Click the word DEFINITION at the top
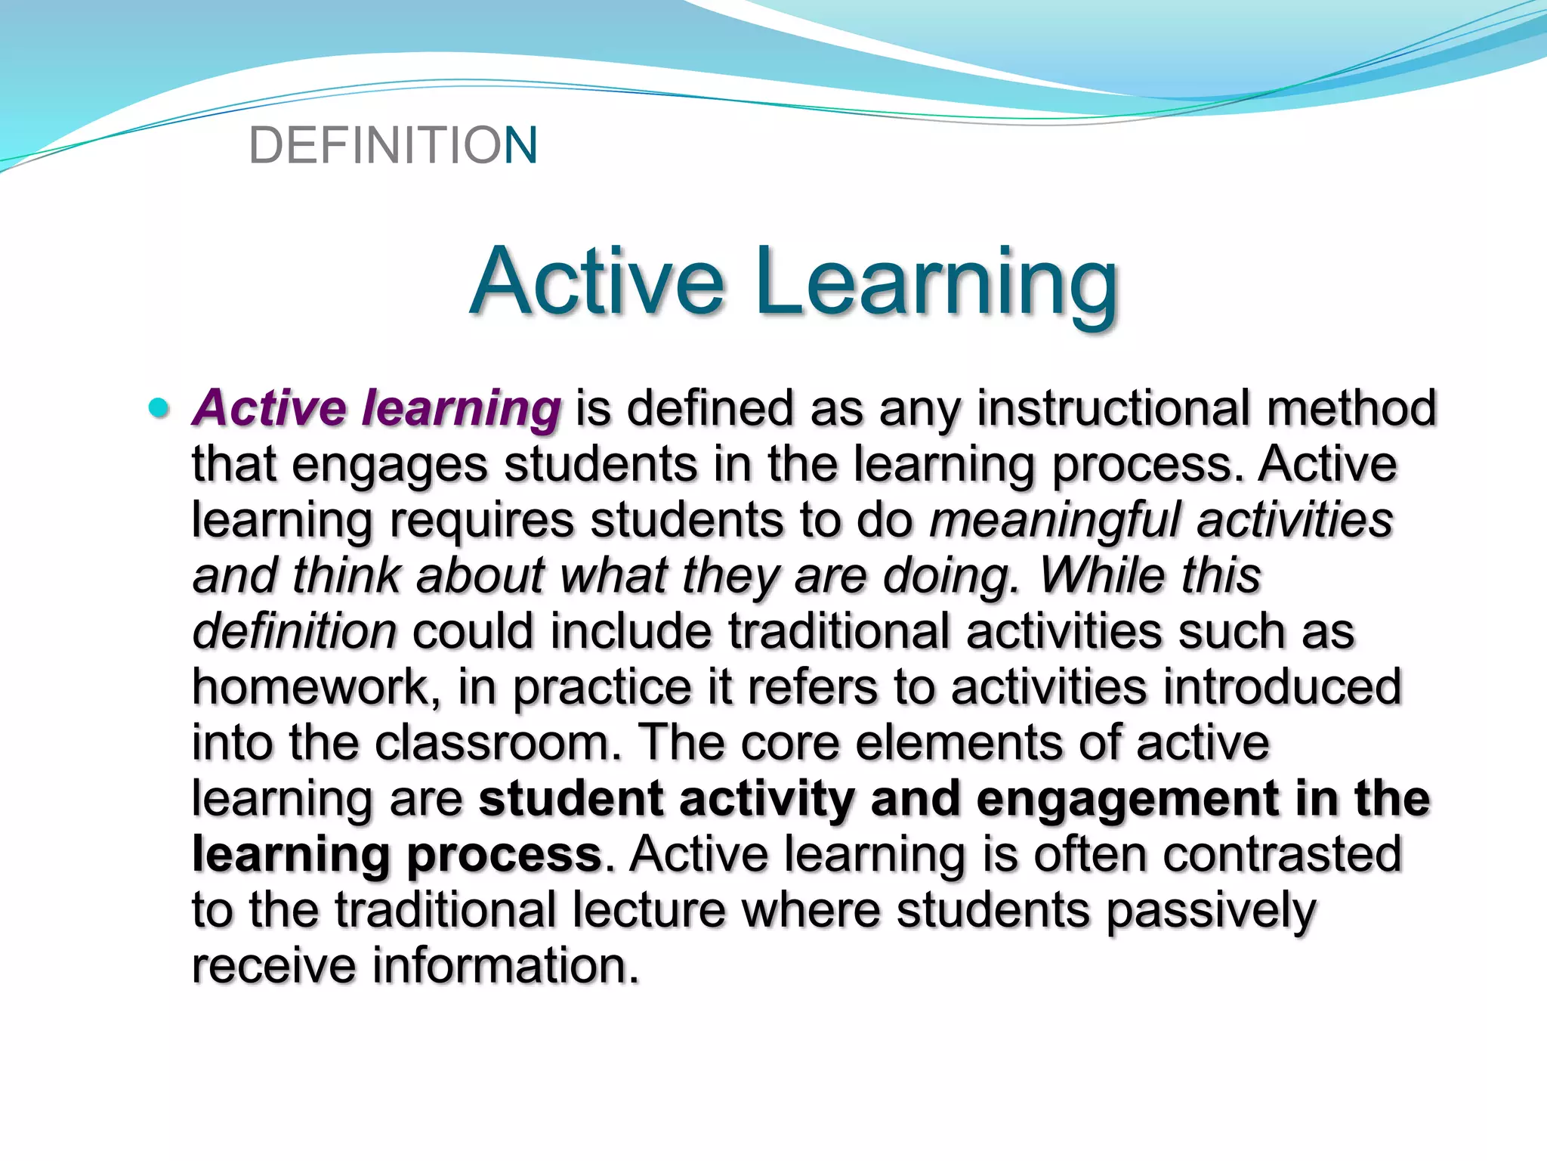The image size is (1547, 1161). (x=393, y=145)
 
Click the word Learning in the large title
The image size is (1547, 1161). (x=937, y=283)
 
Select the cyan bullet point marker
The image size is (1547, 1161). (x=159, y=408)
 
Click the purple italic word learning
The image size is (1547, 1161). (x=461, y=410)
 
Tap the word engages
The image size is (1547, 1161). (x=390, y=466)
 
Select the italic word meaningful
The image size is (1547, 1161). (x=1054, y=521)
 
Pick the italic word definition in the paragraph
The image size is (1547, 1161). (x=295, y=631)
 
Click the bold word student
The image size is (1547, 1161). (x=571, y=799)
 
